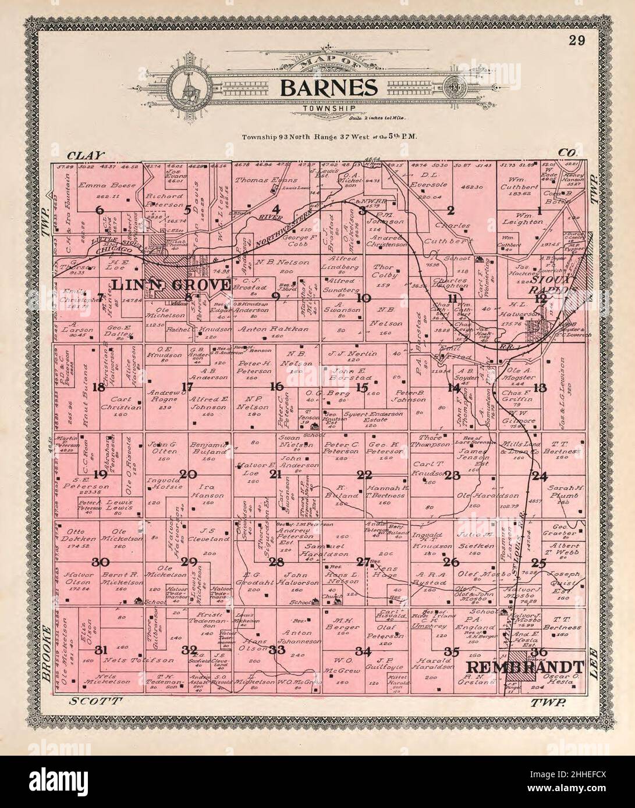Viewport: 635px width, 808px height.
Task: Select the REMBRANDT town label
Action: (x=526, y=667)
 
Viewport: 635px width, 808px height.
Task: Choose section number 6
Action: (x=100, y=210)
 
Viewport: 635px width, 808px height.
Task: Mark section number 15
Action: (x=363, y=387)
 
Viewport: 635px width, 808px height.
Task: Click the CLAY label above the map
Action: (x=86, y=155)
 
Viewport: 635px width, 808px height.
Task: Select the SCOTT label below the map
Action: (x=94, y=702)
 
